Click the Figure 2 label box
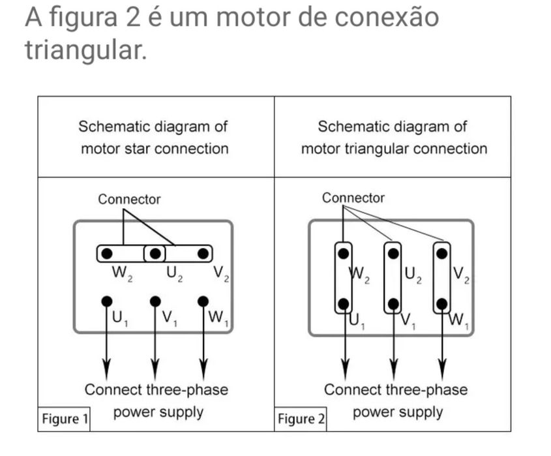tap(301, 418)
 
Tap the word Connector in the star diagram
tap(128, 200)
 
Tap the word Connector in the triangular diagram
tap(353, 198)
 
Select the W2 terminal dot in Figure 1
tap(106, 252)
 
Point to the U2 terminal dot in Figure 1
tap(155, 252)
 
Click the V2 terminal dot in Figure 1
tap(203, 252)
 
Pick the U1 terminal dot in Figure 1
tap(106, 301)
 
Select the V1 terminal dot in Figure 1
tap(155, 301)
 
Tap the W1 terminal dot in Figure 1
tap(203, 301)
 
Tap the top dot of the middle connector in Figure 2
tap(393, 252)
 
